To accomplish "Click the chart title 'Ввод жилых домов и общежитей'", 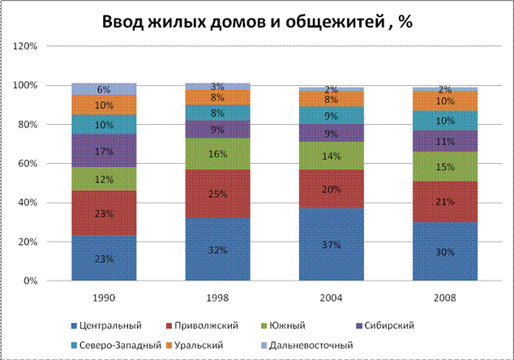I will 257,22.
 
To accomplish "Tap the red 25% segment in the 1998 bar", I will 217,194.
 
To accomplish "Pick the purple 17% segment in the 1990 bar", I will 104,150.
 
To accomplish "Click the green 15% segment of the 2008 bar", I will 445,166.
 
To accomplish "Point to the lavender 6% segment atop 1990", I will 104,88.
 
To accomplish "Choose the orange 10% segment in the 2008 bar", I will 445,101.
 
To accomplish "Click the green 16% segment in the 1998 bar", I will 217,153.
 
